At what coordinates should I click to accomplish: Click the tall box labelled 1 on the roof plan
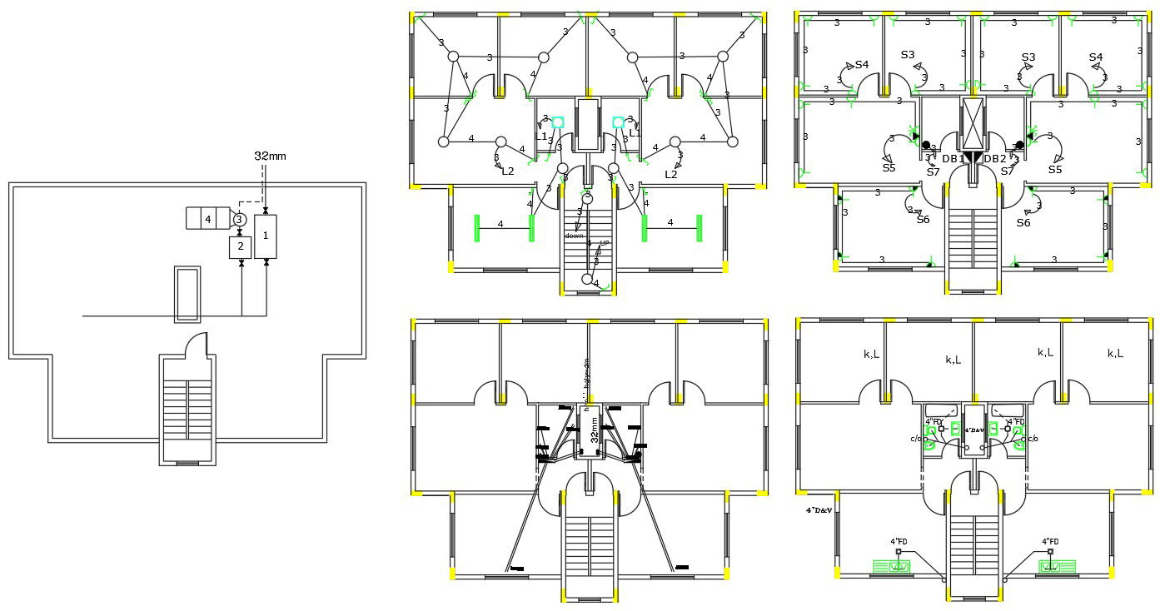266,236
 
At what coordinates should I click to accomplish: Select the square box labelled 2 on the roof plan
240,247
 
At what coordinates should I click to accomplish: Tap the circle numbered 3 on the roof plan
239,220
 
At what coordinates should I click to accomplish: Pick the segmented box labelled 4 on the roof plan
207,219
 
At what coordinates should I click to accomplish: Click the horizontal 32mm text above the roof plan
271,156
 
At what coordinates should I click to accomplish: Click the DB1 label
953,159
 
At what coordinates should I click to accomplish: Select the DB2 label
995,159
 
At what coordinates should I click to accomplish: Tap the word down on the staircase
575,236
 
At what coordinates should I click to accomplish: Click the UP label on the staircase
605,243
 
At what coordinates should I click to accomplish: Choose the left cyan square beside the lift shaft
558,122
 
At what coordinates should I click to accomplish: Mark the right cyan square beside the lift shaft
619,122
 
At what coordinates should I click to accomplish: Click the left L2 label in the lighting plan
507,171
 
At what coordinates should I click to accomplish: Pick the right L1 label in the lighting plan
635,133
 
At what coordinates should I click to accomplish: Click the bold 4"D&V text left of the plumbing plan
819,509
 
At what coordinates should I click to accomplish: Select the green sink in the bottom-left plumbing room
891,567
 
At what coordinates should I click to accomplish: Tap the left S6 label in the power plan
923,220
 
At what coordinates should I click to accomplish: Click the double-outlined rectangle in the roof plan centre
187,294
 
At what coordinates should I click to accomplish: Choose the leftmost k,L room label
872,354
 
